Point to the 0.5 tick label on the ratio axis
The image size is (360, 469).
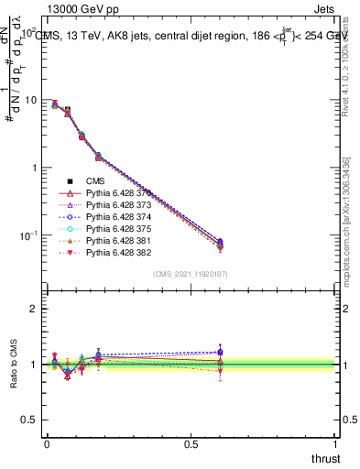(x=30, y=420)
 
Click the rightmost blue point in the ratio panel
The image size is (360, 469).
(x=219, y=352)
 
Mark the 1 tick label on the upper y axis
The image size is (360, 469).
(x=35, y=168)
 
